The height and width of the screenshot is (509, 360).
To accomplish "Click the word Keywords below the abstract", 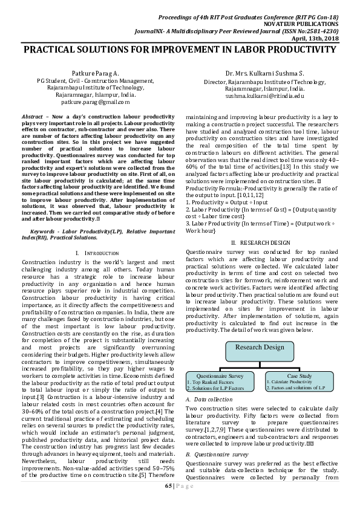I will (x=44, y=232).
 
